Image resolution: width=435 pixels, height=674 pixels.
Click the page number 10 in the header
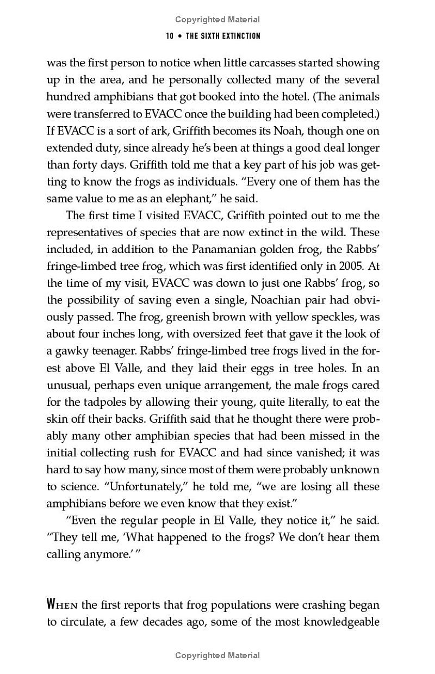click(170, 36)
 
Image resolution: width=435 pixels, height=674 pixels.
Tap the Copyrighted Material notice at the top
click(217, 20)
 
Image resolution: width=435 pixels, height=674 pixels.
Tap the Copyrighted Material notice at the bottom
click(217, 656)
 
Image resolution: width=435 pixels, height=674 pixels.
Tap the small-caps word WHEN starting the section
click(63, 604)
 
